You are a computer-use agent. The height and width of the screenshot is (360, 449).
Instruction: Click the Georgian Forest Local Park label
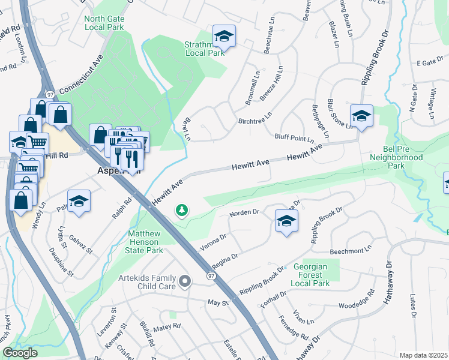[312, 275]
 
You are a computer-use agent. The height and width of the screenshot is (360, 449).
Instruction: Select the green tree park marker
[181, 210]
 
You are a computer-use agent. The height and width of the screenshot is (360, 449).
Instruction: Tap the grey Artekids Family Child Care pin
[185, 280]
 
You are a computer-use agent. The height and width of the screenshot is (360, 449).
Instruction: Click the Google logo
[20, 353]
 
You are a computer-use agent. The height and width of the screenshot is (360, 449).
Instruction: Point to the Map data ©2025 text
[424, 355]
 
